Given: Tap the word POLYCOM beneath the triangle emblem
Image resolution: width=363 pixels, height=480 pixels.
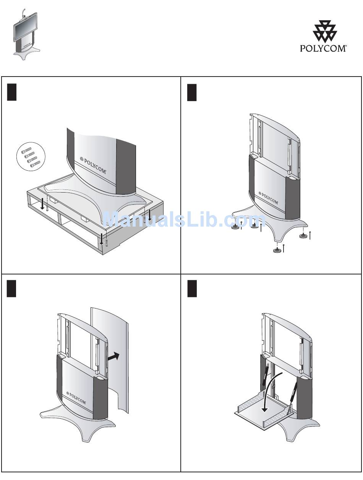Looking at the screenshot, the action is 323,49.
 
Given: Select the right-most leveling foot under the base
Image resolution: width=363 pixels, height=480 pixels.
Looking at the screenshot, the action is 304,236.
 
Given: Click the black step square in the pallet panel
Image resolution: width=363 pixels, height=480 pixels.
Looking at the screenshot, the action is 12,92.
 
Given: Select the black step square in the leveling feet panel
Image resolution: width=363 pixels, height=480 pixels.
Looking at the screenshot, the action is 192,92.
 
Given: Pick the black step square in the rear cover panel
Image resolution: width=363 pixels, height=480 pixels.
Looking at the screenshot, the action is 12,288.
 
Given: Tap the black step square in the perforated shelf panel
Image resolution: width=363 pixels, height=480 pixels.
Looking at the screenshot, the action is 192,288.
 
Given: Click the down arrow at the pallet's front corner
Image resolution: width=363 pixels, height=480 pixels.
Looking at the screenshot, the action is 101,237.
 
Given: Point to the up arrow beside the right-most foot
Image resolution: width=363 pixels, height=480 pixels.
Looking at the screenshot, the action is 310,235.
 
